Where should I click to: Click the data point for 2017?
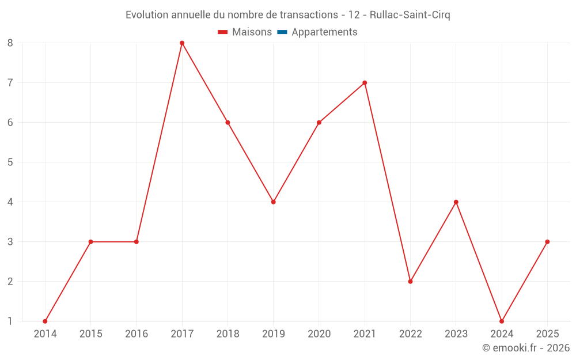pos(182,43)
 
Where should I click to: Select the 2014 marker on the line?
pos(45,321)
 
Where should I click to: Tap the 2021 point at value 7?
pos(365,82)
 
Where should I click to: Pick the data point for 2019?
pos(274,202)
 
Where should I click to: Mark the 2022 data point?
pos(410,282)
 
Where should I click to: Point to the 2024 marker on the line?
pos(502,321)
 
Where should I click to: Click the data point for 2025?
pos(547,242)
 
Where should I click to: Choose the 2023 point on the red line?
pos(456,202)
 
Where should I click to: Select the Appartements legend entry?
pos(324,32)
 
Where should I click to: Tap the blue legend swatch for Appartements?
pos(282,32)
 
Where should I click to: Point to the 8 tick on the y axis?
pos(10,43)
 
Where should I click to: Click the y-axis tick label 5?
pos(10,162)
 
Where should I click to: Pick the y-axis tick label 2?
pos(10,282)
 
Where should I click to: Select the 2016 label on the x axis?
pos(137,334)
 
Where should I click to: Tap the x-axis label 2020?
pos(319,334)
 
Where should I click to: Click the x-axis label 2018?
pos(228,334)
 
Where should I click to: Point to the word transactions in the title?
pos(307,15)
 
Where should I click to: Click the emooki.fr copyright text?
pos(525,348)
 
